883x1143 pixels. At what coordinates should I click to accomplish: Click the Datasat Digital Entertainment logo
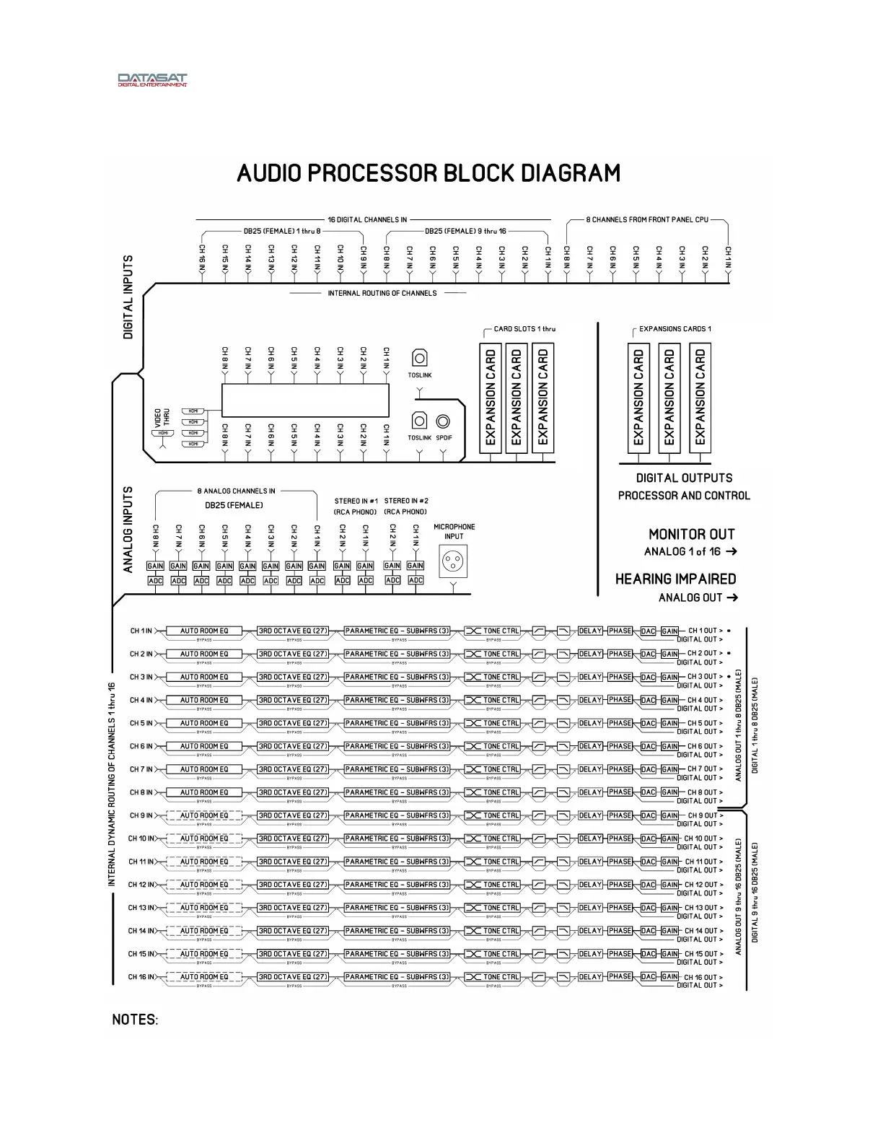point(152,79)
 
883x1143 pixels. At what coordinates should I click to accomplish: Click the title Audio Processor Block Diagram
point(429,174)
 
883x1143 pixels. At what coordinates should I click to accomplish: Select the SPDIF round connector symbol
point(444,422)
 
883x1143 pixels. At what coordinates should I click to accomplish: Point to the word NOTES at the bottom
point(135,1020)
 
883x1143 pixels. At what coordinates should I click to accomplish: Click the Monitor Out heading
point(691,535)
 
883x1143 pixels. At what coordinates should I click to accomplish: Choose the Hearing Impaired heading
point(675,579)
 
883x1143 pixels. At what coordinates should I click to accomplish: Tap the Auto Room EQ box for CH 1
point(204,631)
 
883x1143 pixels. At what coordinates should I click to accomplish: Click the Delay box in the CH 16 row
point(590,977)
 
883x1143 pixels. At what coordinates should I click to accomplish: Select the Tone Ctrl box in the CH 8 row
point(493,792)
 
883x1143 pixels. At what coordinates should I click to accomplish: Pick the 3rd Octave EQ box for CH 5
point(294,723)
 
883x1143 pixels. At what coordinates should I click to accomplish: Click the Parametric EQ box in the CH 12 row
point(397,885)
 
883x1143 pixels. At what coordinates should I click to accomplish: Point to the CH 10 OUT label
point(700,838)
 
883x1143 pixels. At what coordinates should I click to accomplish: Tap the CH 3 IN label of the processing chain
point(141,677)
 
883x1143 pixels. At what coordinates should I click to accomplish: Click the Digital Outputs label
point(684,478)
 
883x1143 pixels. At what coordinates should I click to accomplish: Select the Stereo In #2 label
point(406,501)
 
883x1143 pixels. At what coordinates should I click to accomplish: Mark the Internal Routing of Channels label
point(382,294)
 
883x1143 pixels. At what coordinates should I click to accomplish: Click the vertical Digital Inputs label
point(128,297)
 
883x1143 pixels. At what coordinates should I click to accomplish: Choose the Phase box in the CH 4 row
point(620,700)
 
